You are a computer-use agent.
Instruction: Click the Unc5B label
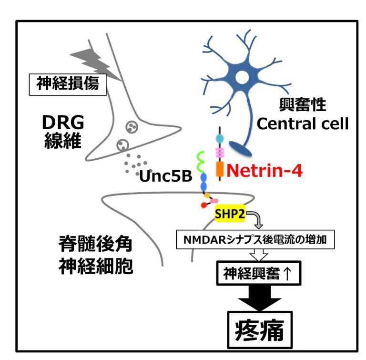166,176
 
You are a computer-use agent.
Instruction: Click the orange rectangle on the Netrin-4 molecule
220,169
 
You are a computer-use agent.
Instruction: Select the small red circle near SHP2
204,206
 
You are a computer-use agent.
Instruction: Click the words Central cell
303,124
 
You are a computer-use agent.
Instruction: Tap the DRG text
63,123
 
